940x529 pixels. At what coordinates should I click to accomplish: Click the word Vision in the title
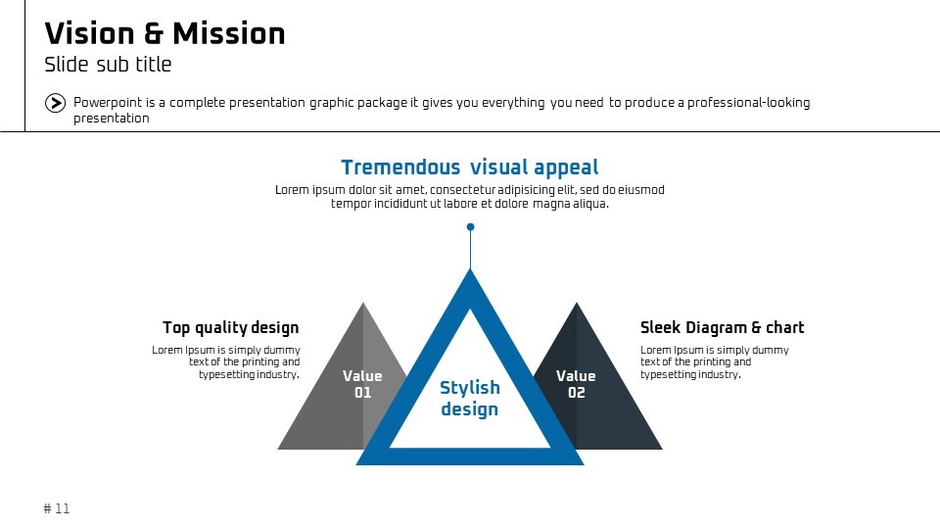(x=89, y=33)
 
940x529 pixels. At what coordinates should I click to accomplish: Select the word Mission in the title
(x=229, y=33)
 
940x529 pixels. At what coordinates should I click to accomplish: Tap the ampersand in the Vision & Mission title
(x=153, y=34)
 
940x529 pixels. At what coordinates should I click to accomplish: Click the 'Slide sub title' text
(x=108, y=65)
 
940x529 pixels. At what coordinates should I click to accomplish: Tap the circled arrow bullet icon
(x=55, y=103)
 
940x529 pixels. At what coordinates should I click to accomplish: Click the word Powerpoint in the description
(x=108, y=103)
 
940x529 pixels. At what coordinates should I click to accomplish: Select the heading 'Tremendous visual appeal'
(x=469, y=168)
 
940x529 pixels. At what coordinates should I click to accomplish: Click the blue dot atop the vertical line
(x=471, y=226)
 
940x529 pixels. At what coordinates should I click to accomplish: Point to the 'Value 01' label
(x=362, y=384)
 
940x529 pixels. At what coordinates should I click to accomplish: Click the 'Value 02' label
(x=576, y=384)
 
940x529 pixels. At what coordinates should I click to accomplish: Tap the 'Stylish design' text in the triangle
(x=470, y=399)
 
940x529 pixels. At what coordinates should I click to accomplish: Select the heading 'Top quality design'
(x=231, y=327)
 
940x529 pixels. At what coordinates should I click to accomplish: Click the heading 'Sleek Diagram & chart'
(x=722, y=327)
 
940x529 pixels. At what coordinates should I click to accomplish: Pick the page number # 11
(x=57, y=508)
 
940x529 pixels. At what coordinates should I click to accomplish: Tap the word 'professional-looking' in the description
(x=749, y=103)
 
